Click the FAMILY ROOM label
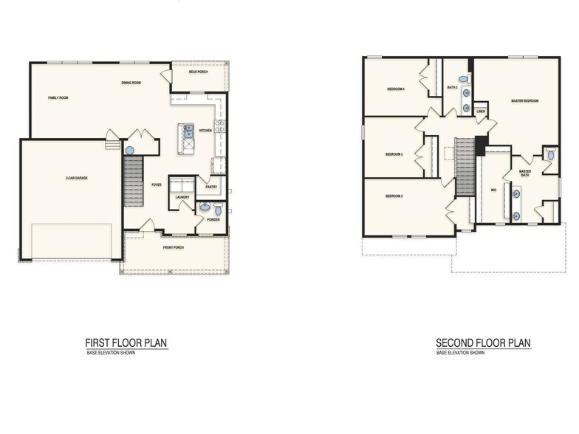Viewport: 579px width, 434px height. pyautogui.click(x=58, y=97)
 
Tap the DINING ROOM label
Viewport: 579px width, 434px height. pyautogui.click(x=131, y=83)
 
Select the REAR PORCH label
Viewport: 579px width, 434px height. pyautogui.click(x=198, y=72)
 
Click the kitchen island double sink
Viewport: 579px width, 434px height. pyautogui.click(x=188, y=131)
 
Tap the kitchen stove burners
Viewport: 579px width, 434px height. pyautogui.click(x=219, y=126)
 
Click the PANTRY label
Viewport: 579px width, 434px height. pyautogui.click(x=210, y=187)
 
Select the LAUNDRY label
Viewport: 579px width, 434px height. pyautogui.click(x=182, y=197)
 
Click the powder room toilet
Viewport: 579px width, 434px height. pyautogui.click(x=218, y=210)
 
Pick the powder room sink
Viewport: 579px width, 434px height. pyautogui.click(x=204, y=207)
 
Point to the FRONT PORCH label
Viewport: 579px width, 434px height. pyautogui.click(x=174, y=247)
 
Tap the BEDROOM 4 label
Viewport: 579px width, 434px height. pyautogui.click(x=396, y=89)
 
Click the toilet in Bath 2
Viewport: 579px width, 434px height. pyautogui.click(x=462, y=79)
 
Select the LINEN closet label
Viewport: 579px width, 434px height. pyautogui.click(x=481, y=112)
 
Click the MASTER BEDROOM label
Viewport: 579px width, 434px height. pyautogui.click(x=524, y=100)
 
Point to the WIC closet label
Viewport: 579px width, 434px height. pyautogui.click(x=493, y=190)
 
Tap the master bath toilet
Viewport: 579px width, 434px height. pyautogui.click(x=550, y=156)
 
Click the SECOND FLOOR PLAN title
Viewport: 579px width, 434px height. pyautogui.click(x=483, y=342)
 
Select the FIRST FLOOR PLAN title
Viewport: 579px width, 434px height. pyautogui.click(x=126, y=342)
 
